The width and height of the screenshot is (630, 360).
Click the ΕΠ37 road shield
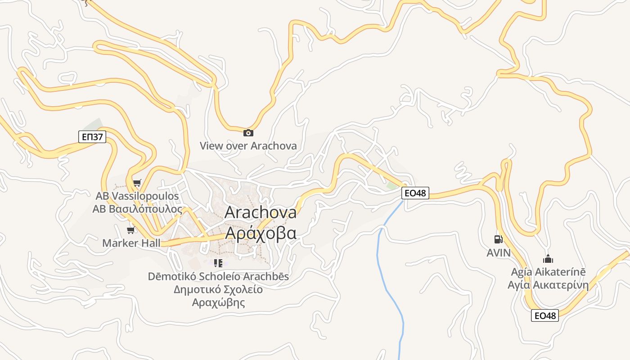pos(92,137)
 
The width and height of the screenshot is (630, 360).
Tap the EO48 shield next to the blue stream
pos(415,193)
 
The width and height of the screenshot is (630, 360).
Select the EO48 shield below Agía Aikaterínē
pos(544,315)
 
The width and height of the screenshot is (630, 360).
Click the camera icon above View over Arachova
pos(248,133)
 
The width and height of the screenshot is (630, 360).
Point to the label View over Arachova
pos(248,146)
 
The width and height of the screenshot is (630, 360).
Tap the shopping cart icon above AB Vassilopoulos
pos(137,183)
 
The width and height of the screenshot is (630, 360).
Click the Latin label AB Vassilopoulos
pos(137,196)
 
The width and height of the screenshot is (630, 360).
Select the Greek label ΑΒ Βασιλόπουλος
pos(137,209)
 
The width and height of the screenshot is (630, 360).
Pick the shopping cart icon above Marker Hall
pos(131,230)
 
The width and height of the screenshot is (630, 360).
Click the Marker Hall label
pos(131,243)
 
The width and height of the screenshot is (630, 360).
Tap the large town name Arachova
pos(261,212)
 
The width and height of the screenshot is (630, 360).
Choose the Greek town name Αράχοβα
pos(261,234)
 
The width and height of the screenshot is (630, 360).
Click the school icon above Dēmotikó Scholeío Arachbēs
pos(218,263)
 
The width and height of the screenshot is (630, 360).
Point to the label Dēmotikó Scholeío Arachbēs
pos(218,276)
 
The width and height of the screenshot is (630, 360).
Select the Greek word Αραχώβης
pos(218,302)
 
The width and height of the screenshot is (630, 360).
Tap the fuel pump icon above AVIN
pos(498,239)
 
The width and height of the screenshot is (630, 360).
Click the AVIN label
pos(499,253)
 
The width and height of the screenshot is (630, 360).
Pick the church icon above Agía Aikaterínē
pos(548,259)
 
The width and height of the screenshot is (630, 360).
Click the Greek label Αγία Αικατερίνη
pos(548,285)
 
